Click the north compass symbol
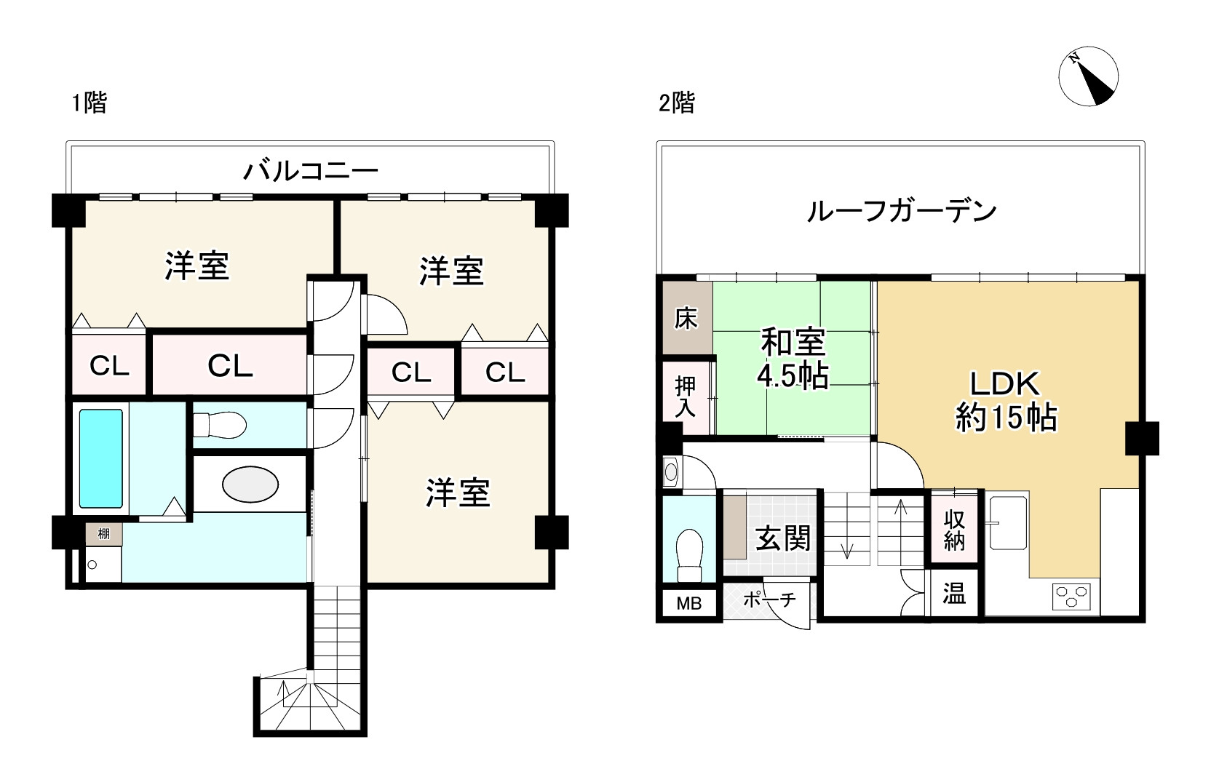(x=1088, y=76)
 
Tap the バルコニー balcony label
(x=311, y=172)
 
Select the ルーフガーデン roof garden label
(x=901, y=211)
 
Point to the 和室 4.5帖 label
(x=793, y=359)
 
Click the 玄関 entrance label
(x=783, y=538)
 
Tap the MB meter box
(x=688, y=603)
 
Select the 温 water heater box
(x=954, y=594)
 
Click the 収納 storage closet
(x=954, y=529)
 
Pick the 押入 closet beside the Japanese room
(x=686, y=397)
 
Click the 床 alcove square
(x=686, y=319)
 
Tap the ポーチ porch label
(x=769, y=600)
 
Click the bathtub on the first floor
(x=100, y=458)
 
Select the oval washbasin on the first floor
(x=250, y=484)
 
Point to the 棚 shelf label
(x=104, y=534)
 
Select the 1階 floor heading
(x=89, y=103)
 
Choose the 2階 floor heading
(x=676, y=103)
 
